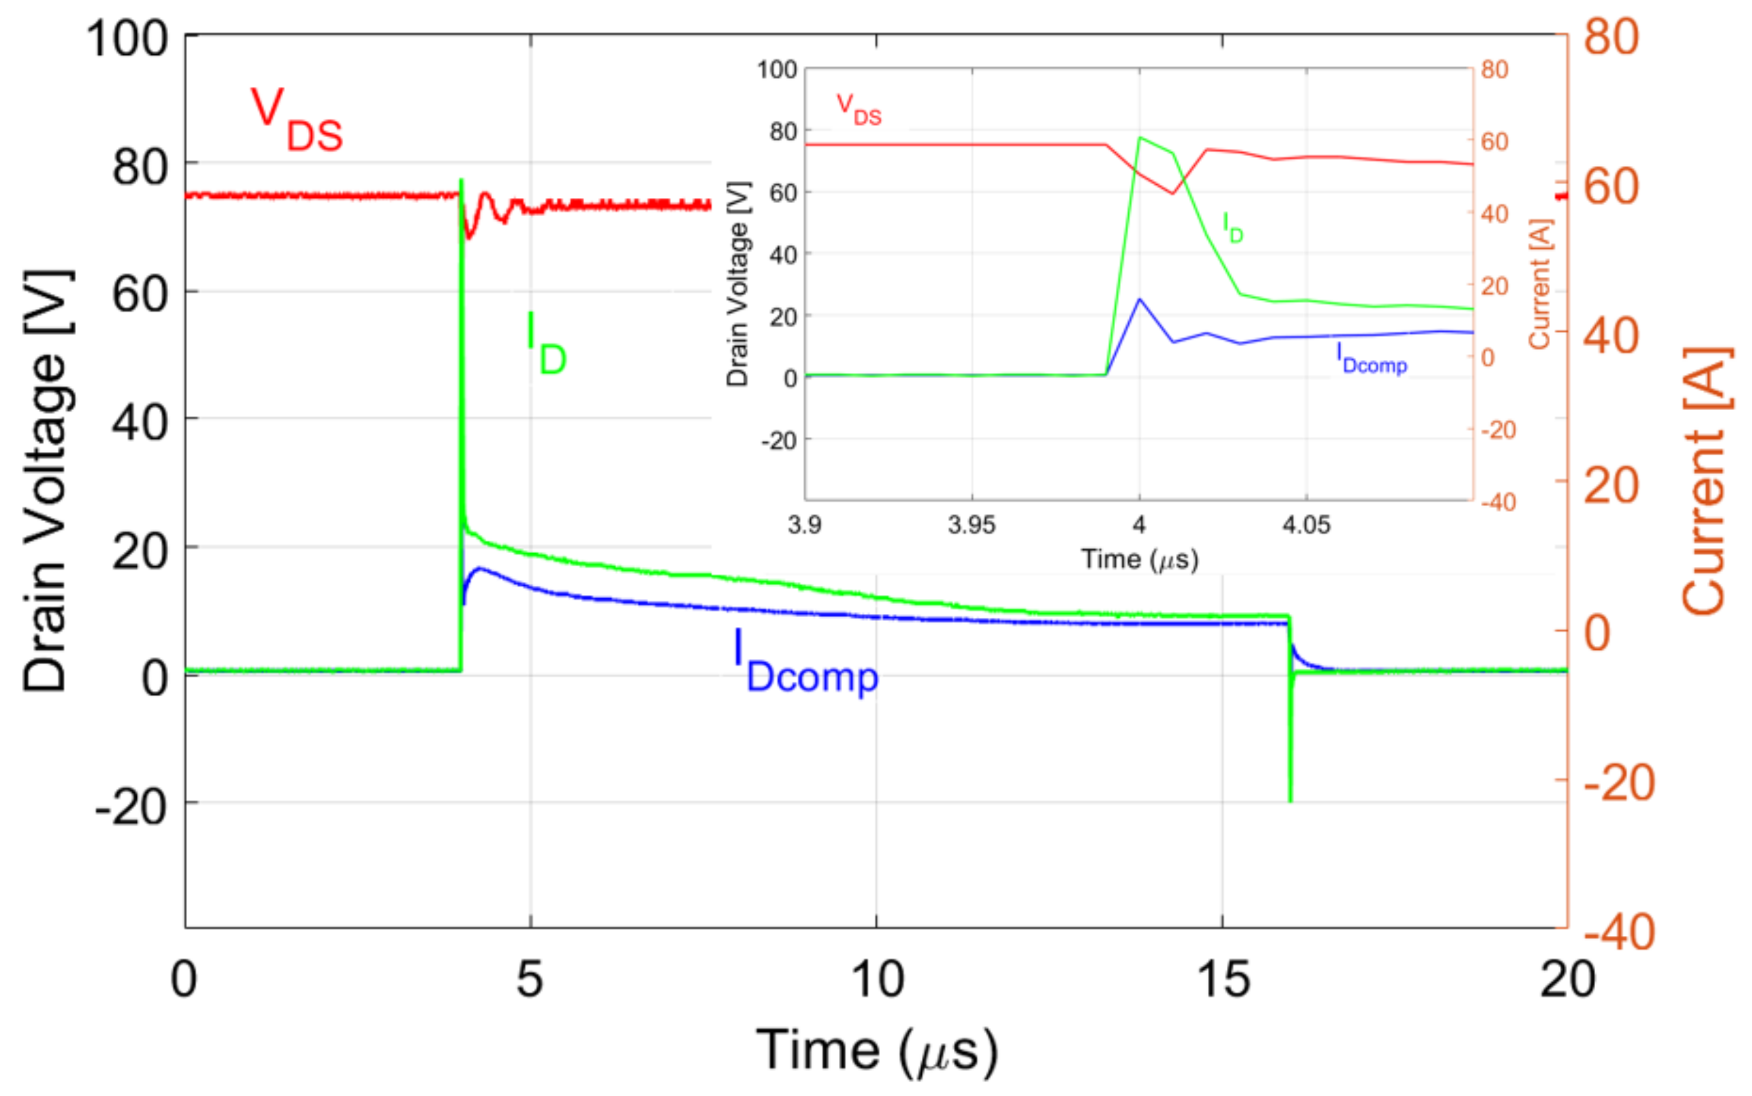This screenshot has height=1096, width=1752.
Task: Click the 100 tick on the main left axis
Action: (x=128, y=38)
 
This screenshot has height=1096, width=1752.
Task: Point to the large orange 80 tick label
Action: (x=1611, y=36)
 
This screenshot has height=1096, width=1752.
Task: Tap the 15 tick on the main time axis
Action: (x=1223, y=979)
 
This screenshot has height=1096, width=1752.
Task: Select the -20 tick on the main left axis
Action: (x=131, y=806)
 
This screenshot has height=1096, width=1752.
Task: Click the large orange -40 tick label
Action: (x=1618, y=932)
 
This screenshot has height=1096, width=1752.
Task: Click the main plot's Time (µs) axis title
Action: (x=877, y=1051)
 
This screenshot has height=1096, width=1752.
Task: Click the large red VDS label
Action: (x=296, y=119)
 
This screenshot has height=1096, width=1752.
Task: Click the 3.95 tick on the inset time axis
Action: (x=972, y=525)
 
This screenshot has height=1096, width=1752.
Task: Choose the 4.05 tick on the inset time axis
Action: (x=1306, y=525)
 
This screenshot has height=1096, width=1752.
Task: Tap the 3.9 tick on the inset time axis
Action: (x=804, y=525)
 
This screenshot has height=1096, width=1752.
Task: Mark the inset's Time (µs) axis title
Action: (x=1140, y=559)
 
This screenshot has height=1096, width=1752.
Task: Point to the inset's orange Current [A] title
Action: (x=1540, y=284)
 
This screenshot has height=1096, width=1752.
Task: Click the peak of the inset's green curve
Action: (x=1140, y=137)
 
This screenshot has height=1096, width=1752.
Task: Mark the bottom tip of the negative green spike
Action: (x=1290, y=800)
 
